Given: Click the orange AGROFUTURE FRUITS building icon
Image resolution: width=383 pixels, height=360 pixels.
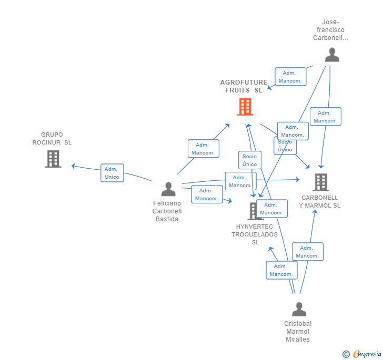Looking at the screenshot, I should [245, 107].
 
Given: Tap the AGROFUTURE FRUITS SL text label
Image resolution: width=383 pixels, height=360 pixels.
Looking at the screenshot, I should [244, 86].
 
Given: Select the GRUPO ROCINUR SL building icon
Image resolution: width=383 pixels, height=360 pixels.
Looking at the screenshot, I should [53, 159].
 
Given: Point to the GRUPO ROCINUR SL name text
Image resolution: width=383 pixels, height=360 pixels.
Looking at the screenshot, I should [52, 139].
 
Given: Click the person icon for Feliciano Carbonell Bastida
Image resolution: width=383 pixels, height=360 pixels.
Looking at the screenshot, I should [168, 189].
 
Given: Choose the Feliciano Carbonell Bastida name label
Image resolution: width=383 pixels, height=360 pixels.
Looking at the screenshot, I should [167, 211].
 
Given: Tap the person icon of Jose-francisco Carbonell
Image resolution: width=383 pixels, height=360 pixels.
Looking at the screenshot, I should [331, 55].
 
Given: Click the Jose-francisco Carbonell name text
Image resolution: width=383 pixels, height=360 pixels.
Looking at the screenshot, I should [330, 30].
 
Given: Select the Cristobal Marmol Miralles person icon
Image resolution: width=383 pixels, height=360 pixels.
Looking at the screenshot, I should [299, 309].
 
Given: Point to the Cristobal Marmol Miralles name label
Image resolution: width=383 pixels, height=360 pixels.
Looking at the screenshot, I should [298, 332].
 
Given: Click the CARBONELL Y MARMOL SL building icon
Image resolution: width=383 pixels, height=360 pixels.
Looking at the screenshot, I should [320, 182].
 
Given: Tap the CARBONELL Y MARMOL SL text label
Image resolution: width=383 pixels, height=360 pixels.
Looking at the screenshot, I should [320, 202].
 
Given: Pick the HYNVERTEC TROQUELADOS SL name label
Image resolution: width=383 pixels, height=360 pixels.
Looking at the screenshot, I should [255, 234].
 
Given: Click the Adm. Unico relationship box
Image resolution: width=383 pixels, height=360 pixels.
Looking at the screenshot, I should [112, 173].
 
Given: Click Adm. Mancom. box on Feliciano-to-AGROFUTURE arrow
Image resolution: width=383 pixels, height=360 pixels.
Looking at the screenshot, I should [203, 149].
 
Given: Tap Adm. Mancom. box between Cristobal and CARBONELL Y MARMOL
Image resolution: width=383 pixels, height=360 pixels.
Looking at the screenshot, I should [307, 252].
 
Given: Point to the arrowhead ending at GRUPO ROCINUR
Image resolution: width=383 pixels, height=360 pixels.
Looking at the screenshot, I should [73, 166].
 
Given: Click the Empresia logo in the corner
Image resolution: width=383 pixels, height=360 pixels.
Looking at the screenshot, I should [367, 354].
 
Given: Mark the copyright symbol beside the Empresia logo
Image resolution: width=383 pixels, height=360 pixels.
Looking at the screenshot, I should [346, 354].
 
